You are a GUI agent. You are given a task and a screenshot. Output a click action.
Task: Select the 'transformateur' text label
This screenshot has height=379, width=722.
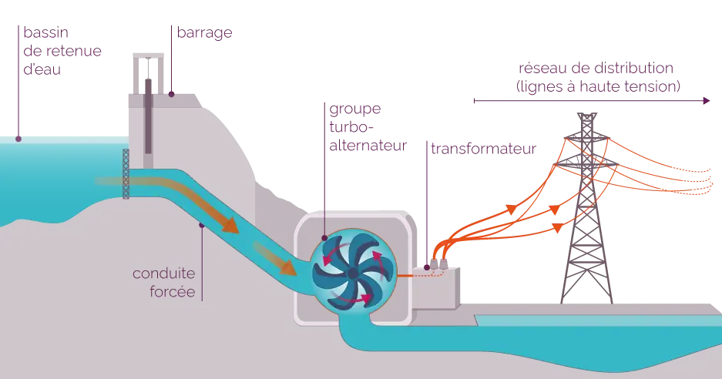(482, 148)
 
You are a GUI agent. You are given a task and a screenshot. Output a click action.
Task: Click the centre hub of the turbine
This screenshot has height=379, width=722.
(351, 273)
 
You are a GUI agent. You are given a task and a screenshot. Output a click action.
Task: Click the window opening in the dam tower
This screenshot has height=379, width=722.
(143, 74)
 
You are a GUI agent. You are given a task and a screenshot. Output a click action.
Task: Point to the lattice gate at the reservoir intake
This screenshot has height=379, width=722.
(126, 172)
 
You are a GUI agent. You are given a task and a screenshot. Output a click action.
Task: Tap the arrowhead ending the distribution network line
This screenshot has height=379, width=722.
(707, 99)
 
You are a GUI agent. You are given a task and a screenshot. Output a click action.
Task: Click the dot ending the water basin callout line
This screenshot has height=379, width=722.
(19, 139)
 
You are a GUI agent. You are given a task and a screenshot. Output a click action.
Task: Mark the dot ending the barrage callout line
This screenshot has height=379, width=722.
(172, 96)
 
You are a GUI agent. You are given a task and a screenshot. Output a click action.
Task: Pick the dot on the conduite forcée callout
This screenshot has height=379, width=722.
(201, 226)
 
